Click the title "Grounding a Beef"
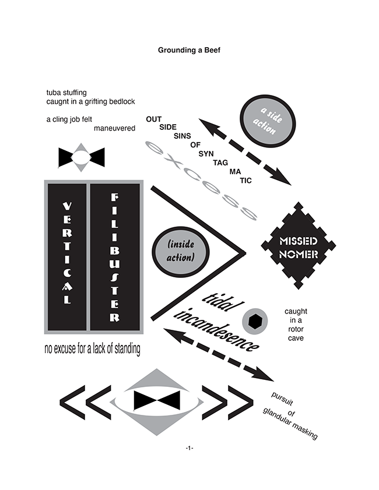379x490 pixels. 189,50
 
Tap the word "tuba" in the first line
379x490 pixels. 53,93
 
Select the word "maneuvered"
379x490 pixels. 114,128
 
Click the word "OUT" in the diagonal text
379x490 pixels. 153,119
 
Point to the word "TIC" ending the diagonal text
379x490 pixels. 246,181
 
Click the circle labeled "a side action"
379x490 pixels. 268,121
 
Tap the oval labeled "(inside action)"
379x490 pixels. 181,252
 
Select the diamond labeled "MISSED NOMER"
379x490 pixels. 299,246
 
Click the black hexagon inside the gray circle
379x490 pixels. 255,321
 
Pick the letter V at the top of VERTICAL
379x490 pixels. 67,206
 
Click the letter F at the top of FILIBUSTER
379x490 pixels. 115,197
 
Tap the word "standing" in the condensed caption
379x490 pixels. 127,349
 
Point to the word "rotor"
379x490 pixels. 296,329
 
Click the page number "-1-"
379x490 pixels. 189,448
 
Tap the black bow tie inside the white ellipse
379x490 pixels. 157,400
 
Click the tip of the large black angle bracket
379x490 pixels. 245,253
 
